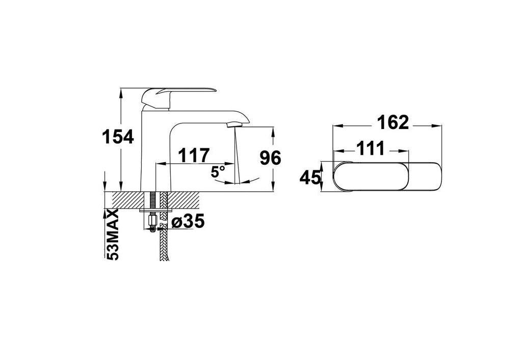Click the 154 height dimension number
tap(118, 137)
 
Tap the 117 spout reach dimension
tap(194, 155)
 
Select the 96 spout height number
tap(270, 158)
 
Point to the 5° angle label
tap(218, 172)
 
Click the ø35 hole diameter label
tap(188, 221)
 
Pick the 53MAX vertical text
tap(112, 235)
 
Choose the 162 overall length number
tap(393, 122)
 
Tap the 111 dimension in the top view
tap(371, 148)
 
